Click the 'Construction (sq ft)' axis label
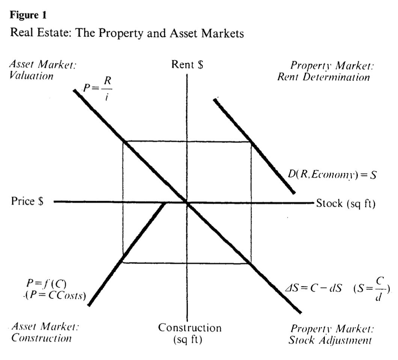190,333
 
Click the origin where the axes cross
187,203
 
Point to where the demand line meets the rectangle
250,142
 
